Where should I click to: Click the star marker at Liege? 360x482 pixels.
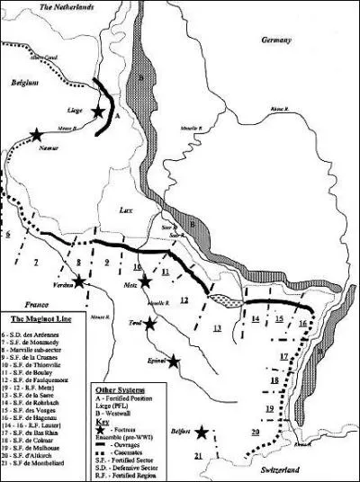coord(98,112)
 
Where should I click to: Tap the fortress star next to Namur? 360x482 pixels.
coord(36,135)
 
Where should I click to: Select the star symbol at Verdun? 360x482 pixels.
coord(80,281)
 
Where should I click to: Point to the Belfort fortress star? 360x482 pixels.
coord(202,433)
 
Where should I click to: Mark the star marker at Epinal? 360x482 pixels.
coord(174,361)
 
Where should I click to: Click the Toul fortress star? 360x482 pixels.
coord(151,324)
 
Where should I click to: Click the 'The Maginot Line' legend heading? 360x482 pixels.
coord(36,318)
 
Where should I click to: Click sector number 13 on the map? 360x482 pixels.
coord(217,328)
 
